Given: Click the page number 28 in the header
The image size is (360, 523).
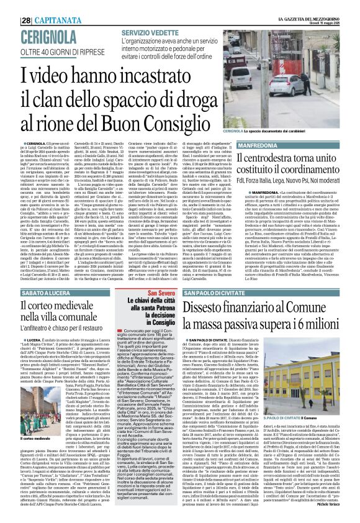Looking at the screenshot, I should click(x=11, y=5).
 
